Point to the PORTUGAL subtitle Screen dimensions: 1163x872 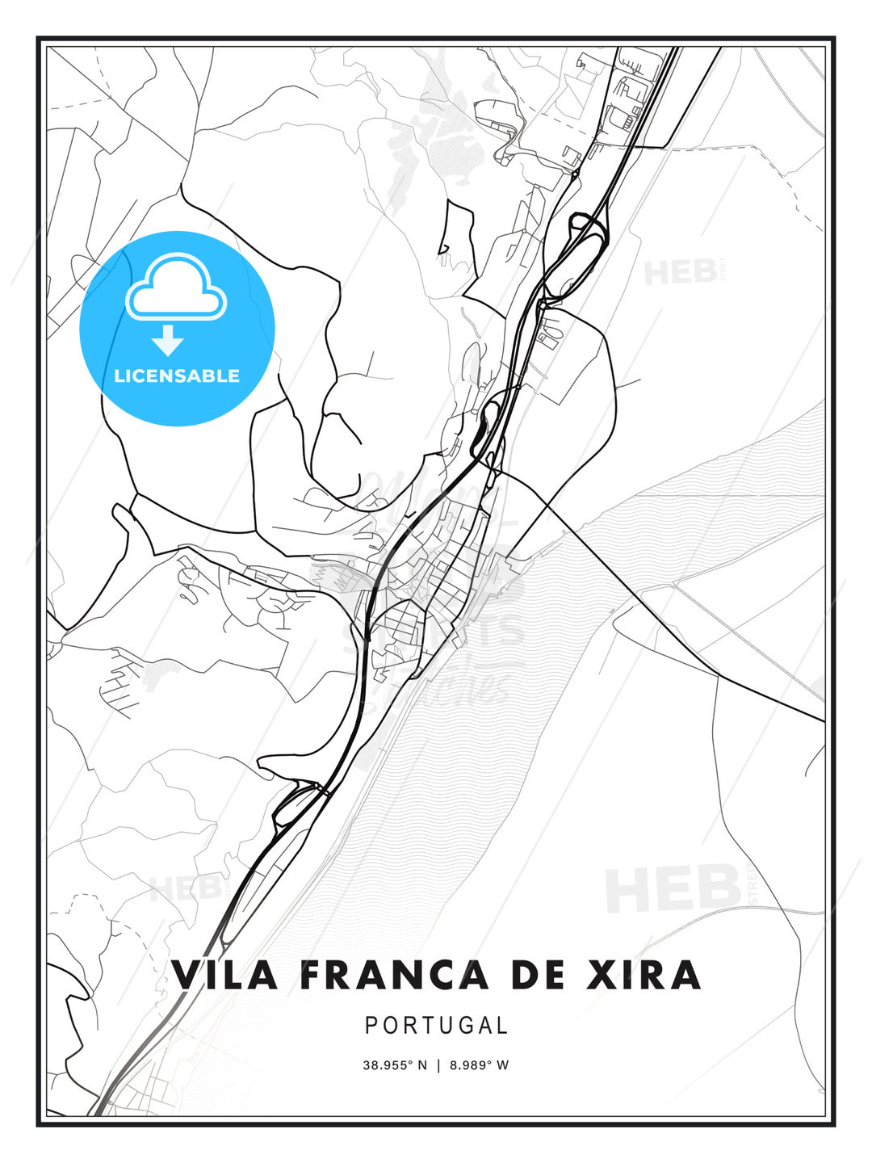tap(436, 1026)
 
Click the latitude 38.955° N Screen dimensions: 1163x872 tap(395, 1065)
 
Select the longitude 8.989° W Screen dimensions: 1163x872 tap(480, 1065)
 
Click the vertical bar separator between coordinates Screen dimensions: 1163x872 tap(438, 1065)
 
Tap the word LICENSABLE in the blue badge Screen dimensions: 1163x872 tap(177, 376)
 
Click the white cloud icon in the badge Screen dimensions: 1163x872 tap(176, 287)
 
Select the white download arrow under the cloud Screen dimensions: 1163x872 tap(168, 340)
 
